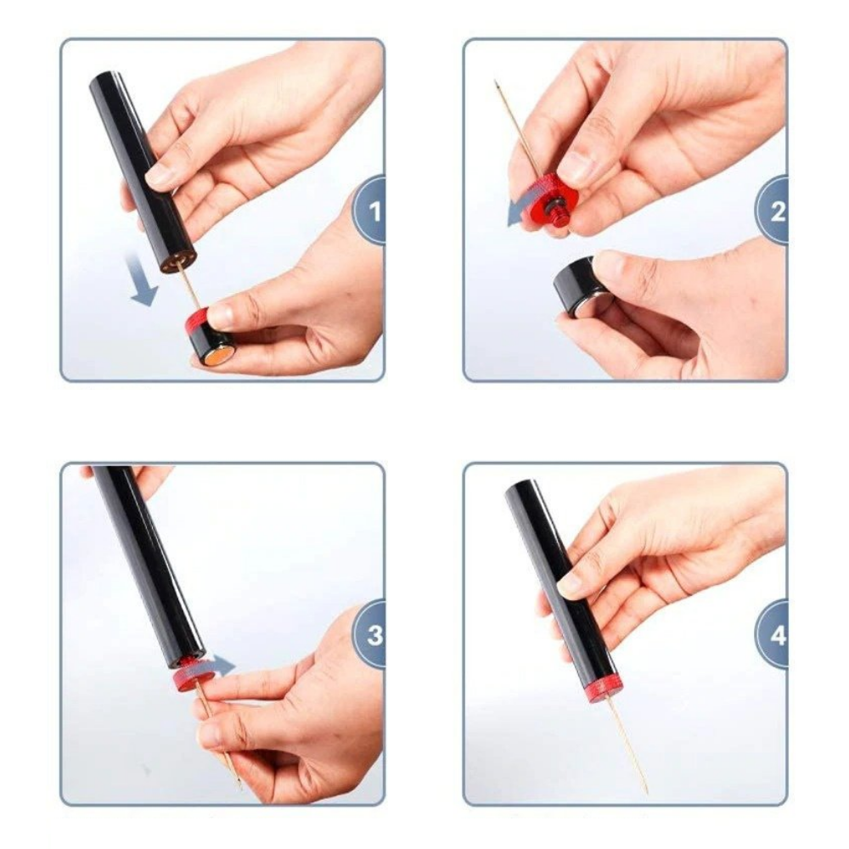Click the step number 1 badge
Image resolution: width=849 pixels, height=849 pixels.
click(370, 211)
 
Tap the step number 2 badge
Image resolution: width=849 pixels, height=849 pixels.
click(773, 211)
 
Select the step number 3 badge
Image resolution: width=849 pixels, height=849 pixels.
click(370, 634)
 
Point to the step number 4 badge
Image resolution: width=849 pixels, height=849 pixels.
click(773, 634)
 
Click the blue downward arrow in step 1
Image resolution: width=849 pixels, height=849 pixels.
click(140, 280)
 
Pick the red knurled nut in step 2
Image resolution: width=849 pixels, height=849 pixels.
click(548, 200)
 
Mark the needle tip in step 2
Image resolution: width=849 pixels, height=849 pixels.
click(495, 82)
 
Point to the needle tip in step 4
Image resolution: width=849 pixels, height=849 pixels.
click(647, 793)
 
